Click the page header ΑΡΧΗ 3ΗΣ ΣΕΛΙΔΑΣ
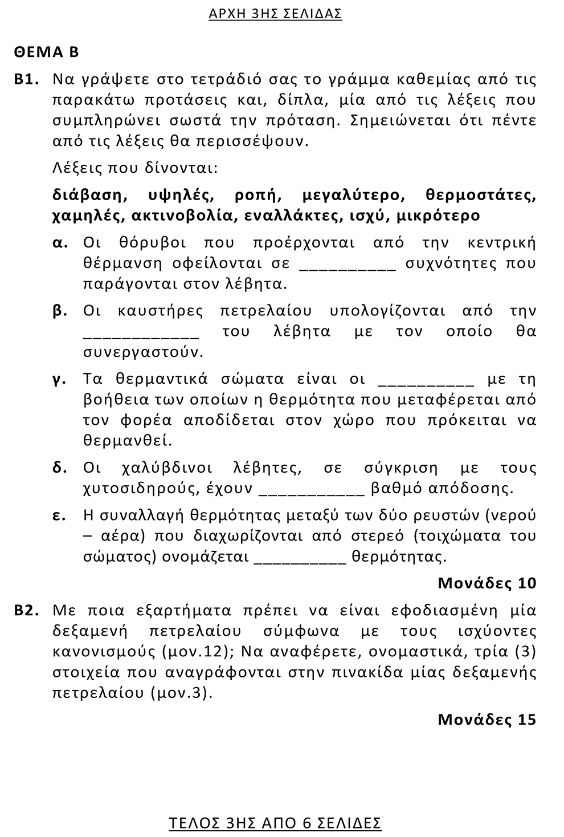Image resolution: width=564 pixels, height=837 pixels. click(275, 14)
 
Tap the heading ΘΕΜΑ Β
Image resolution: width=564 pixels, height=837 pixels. click(47, 52)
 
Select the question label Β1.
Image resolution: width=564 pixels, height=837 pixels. click(26, 79)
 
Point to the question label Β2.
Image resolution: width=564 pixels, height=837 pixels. click(26, 611)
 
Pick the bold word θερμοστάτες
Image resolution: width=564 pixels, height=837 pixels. click(480, 196)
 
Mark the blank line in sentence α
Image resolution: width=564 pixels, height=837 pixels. click(347, 268)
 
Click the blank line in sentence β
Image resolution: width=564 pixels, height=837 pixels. click(141, 336)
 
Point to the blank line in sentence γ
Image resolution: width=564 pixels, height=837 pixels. click(426, 384)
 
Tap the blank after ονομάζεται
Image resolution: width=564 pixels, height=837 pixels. click(300, 561)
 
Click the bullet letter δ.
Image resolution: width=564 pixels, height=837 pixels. click(59, 468)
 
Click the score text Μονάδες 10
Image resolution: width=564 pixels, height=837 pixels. click(487, 583)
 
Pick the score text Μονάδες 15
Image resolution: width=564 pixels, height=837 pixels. click(487, 720)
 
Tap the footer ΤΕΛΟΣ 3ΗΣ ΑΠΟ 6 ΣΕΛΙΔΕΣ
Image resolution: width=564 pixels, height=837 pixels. click(275, 823)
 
